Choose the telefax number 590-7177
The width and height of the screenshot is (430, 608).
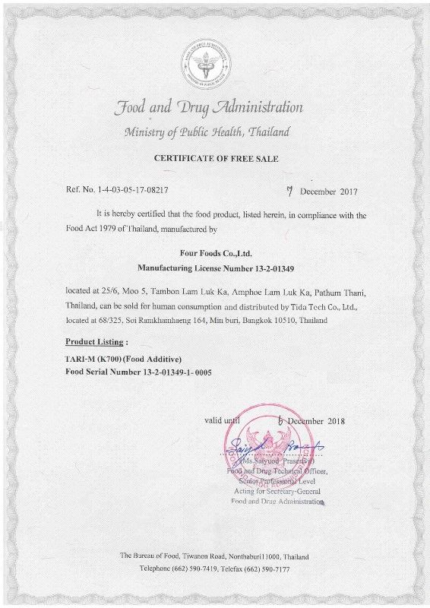[x=273, y=569]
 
